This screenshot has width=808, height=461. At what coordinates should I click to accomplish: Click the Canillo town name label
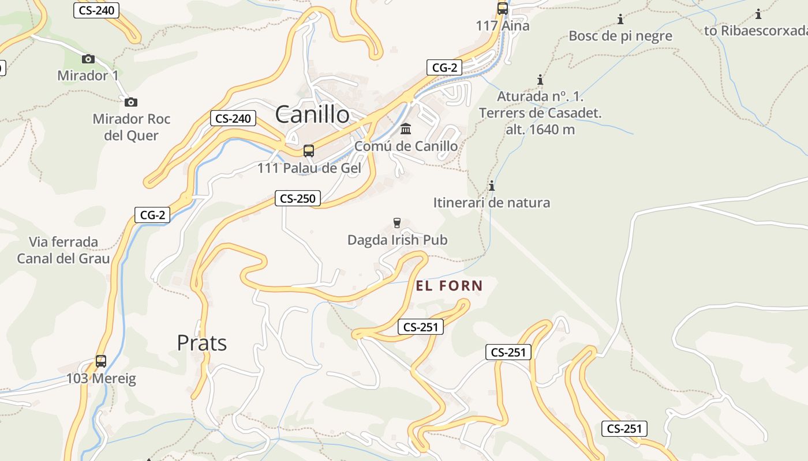[x=312, y=114]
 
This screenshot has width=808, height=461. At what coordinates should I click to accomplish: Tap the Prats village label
[x=201, y=343]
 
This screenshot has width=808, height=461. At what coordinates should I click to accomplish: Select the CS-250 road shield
[x=297, y=199]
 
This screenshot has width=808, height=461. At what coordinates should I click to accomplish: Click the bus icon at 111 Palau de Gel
[x=309, y=151]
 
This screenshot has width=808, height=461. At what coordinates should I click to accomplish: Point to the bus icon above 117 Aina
[x=503, y=9]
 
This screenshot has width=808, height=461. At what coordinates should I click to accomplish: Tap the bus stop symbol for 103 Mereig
[x=101, y=361]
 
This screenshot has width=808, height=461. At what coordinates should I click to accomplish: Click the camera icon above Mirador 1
[x=88, y=59]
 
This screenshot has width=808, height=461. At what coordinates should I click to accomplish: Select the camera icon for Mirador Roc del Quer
[x=131, y=102]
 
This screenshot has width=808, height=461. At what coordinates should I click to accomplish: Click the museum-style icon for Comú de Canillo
[x=406, y=129]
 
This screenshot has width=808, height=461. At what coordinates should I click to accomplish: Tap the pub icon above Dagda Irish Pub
[x=397, y=222]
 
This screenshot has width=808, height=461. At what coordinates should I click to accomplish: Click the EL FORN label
[x=449, y=285]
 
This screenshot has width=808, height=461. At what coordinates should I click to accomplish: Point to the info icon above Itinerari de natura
[x=492, y=186]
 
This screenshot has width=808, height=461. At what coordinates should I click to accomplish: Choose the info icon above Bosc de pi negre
[x=620, y=19]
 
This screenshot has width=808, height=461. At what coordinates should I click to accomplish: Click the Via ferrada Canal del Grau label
[x=63, y=250]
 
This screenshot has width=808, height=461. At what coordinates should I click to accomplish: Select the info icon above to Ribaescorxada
[x=758, y=14]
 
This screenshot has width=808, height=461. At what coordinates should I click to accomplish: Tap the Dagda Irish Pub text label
[x=397, y=240]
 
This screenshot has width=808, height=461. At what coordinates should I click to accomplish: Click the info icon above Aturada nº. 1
[x=540, y=79]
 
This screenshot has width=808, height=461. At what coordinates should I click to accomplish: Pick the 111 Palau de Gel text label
[x=309, y=168]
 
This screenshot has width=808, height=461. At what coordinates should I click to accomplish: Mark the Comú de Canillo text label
[x=406, y=146]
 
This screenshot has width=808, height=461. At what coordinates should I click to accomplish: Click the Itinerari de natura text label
[x=492, y=203]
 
